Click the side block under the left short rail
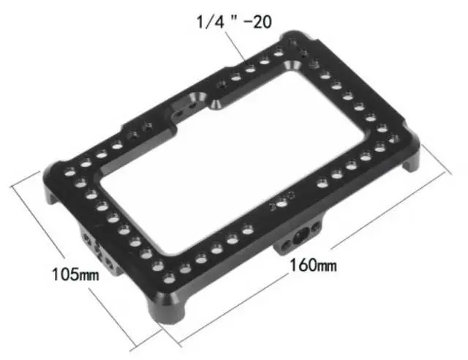click(x=94, y=249)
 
